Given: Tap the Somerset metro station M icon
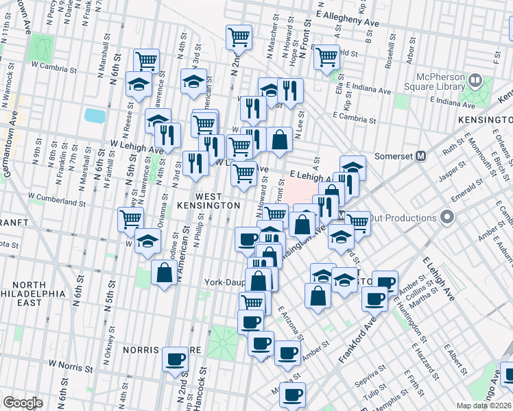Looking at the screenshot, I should [421, 155].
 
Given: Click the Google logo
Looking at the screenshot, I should [23, 402].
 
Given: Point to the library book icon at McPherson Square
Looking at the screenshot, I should [475, 82].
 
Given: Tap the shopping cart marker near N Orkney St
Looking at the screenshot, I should [130, 220].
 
